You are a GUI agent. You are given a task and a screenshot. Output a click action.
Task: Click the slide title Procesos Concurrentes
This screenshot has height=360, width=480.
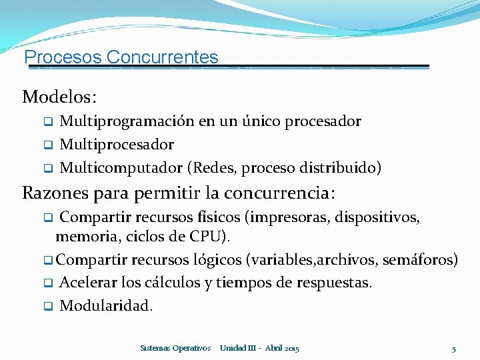click(121, 57)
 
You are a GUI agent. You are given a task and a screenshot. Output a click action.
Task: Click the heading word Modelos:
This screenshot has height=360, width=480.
click(60, 97)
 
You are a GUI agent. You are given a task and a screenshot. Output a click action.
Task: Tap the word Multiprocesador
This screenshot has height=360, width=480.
click(117, 145)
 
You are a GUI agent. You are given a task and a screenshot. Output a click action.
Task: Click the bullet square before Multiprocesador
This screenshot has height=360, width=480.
click(48, 145)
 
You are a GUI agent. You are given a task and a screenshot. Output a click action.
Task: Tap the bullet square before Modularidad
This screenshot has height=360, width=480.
click(48, 307)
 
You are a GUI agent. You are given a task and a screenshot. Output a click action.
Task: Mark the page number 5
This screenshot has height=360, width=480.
click(453, 349)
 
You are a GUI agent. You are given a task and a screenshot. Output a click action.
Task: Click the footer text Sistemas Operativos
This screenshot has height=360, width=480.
click(176, 348)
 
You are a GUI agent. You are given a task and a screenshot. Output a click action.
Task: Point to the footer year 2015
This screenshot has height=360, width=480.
click(291, 348)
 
